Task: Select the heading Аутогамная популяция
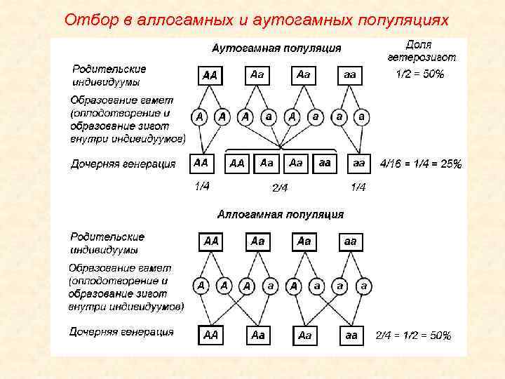click(x=276, y=48)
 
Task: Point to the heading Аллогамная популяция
click(x=281, y=213)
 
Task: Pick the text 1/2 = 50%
click(x=419, y=74)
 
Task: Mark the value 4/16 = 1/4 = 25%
click(x=420, y=164)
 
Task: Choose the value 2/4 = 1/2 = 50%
click(x=413, y=335)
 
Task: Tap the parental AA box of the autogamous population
click(x=210, y=74)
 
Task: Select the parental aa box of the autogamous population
click(x=350, y=74)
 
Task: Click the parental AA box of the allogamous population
click(x=210, y=241)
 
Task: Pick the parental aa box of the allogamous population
click(x=350, y=241)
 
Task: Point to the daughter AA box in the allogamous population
click(x=210, y=335)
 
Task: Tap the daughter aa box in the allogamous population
click(x=350, y=335)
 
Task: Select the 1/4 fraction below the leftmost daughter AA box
click(x=201, y=186)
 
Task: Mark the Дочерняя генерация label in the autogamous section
click(x=123, y=164)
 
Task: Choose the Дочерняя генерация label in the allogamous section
click(x=121, y=331)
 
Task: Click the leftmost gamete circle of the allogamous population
click(x=201, y=286)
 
